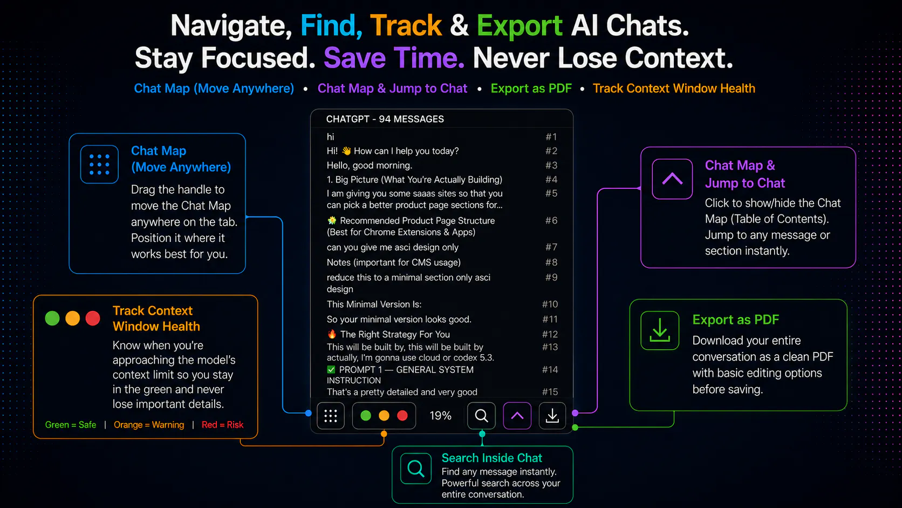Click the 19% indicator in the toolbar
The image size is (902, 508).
[441, 416]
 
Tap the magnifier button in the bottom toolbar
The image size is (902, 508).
[481, 416]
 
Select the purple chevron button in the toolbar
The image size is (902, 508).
[517, 416]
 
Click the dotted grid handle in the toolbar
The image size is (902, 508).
[331, 416]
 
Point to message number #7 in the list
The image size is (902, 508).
[551, 247]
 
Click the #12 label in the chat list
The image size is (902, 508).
[550, 334]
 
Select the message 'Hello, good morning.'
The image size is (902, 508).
[369, 165]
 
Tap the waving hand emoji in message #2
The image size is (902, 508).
[346, 151]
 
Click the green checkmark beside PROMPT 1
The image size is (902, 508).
[331, 369]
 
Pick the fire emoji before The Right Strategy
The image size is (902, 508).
[332, 334]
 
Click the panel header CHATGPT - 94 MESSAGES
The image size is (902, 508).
[385, 119]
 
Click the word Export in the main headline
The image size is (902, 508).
[520, 26]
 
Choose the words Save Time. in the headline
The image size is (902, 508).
[394, 58]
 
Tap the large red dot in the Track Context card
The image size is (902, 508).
[93, 319]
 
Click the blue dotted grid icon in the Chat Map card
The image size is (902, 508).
[99, 164]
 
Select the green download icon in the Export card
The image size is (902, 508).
[660, 330]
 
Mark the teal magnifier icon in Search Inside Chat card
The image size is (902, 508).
[416, 469]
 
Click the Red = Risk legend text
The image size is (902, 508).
[222, 425]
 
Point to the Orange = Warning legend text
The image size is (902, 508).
[149, 425]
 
